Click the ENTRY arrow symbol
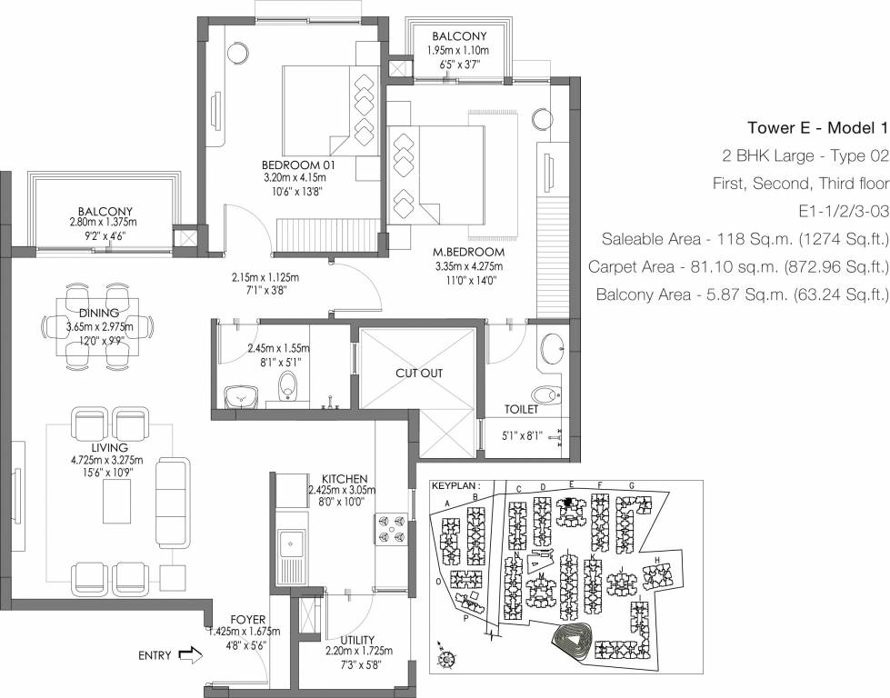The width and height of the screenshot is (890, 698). tap(191, 654)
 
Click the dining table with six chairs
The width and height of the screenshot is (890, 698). tap(100, 327)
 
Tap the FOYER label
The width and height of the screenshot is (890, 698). tap(247, 620)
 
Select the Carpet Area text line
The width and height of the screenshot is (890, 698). tap(737, 267)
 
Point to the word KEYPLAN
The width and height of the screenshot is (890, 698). tap(453, 486)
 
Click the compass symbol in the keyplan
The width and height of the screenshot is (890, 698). tap(443, 651)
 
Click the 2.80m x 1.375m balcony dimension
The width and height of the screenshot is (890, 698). tap(103, 223)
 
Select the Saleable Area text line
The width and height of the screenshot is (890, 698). tap(744, 239)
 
